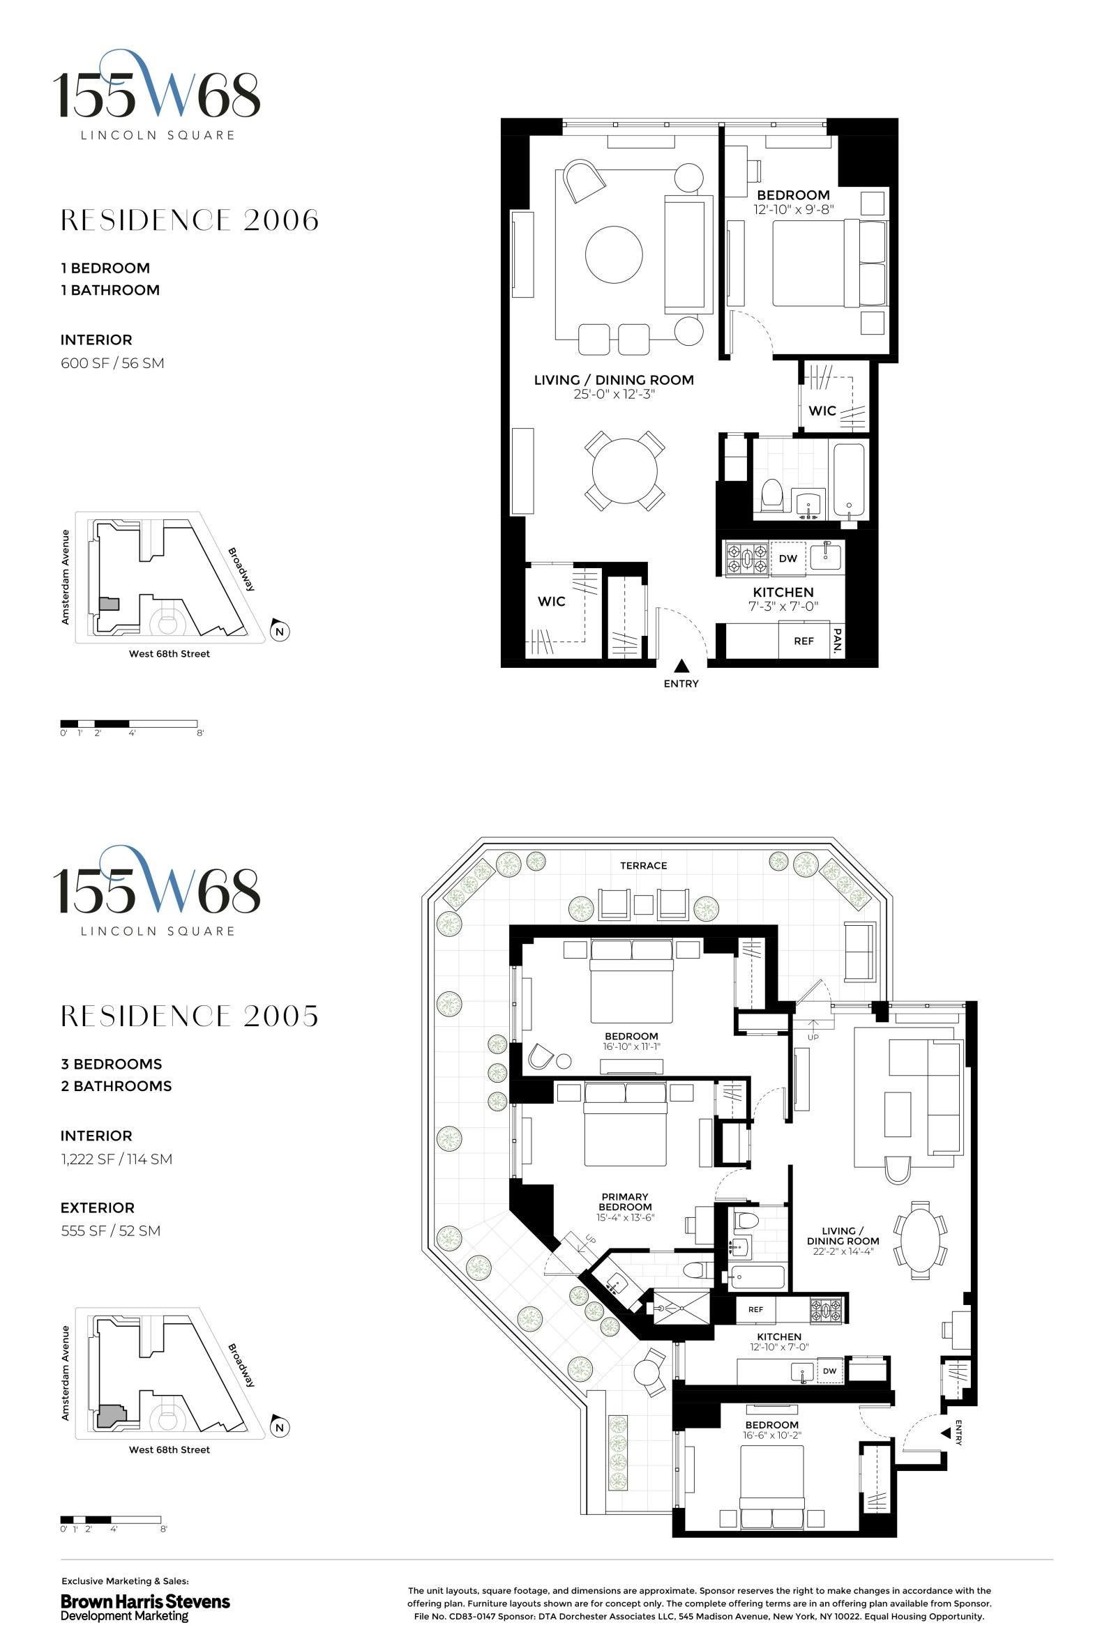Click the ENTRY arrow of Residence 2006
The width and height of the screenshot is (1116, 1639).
681,666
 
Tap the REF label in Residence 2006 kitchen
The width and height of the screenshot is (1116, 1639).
804,641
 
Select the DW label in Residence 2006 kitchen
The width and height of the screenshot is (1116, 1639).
787,558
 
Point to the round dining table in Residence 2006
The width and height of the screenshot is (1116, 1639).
624,471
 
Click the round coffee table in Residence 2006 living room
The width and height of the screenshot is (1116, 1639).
614,254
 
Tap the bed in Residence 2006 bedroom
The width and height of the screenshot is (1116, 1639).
818,263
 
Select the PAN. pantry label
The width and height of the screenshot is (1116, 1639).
838,641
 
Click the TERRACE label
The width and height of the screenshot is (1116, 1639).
643,865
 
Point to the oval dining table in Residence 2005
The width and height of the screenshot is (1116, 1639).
921,1240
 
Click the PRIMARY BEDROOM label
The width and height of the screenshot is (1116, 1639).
625,1202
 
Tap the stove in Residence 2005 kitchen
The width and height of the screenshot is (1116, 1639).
826,1311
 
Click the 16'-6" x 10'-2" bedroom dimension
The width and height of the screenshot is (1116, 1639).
771,1435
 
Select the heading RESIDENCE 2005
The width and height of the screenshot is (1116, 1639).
190,1016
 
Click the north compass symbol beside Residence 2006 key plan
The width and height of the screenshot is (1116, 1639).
280,631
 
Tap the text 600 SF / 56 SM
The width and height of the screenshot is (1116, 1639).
112,363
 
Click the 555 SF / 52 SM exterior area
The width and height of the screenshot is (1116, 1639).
111,1230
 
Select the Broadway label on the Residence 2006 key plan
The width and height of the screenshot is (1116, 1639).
241,568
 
